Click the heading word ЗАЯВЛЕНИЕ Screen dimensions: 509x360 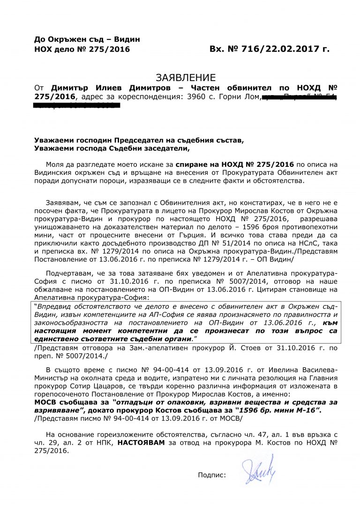[185, 77]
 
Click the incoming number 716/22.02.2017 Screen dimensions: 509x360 [277, 49]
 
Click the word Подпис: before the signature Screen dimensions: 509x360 [212, 474]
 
